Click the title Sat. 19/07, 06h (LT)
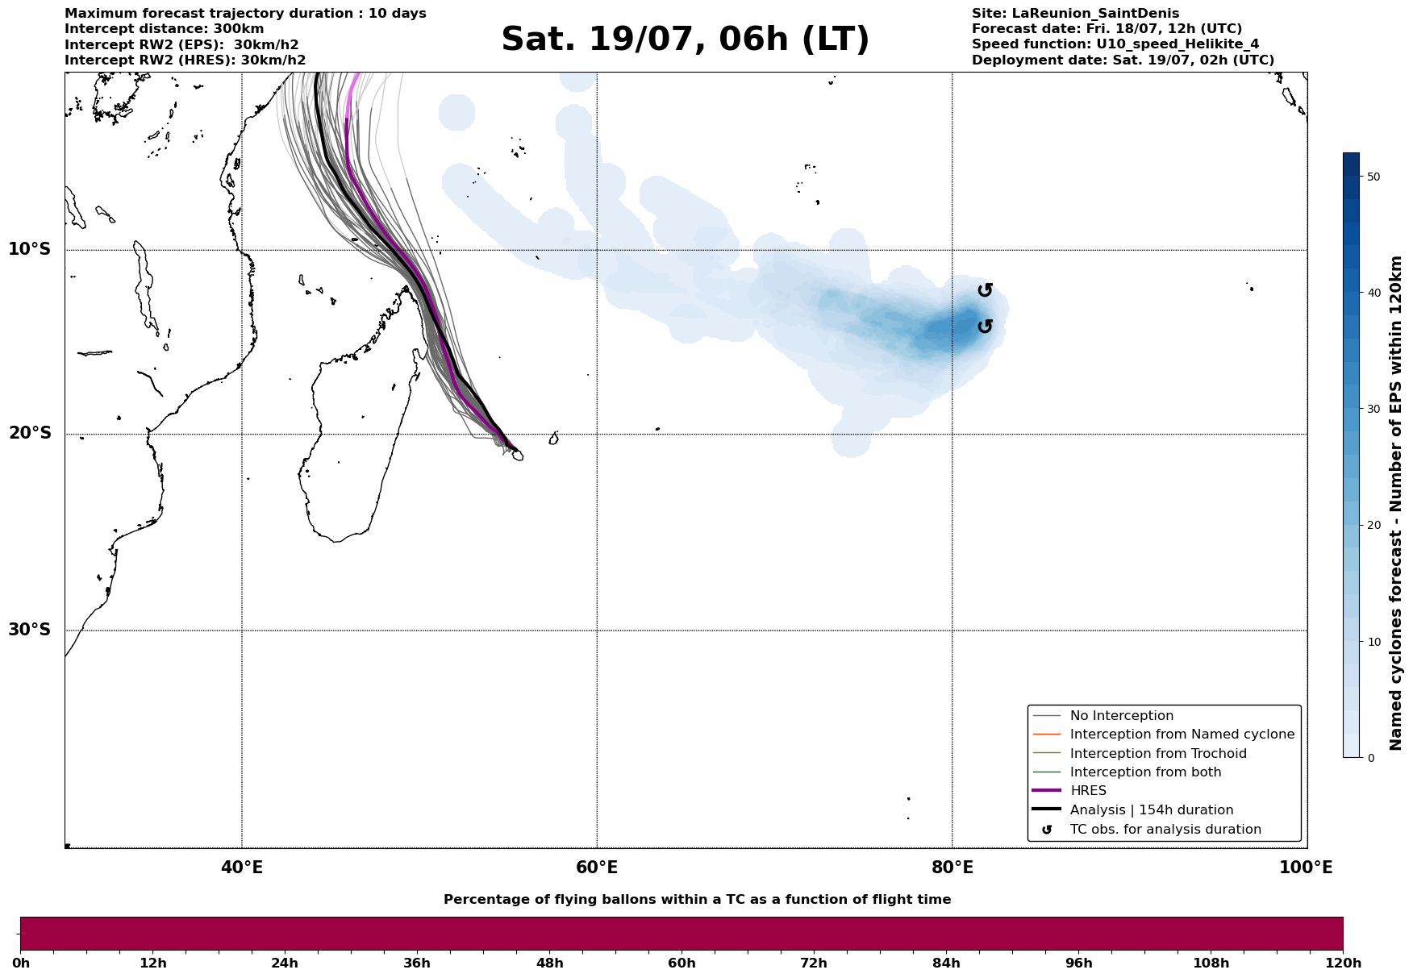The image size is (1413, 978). point(685,40)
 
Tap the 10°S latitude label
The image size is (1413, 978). point(30,249)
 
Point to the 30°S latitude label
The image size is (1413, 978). point(30,630)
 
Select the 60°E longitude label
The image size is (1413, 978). point(597,868)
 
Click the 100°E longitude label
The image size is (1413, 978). point(1306,868)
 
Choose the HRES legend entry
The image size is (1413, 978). point(1088,791)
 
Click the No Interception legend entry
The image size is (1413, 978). point(1121,716)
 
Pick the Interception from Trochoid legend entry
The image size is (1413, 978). point(1157,754)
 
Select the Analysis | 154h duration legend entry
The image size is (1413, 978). point(1151,810)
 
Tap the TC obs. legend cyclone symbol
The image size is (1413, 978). point(1047,830)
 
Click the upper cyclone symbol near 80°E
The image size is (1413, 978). point(985,290)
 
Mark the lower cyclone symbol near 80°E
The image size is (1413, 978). point(985,326)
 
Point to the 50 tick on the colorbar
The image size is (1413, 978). point(1373,177)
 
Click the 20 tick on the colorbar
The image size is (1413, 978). point(1373,526)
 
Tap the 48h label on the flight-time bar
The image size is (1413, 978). point(549,963)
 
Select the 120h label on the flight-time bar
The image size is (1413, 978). point(1343,963)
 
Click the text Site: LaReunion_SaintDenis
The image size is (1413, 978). point(1075,14)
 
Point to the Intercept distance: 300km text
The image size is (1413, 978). point(164,29)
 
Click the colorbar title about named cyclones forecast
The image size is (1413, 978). point(1397,503)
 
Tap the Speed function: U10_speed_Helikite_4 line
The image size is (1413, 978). point(1115,44)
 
